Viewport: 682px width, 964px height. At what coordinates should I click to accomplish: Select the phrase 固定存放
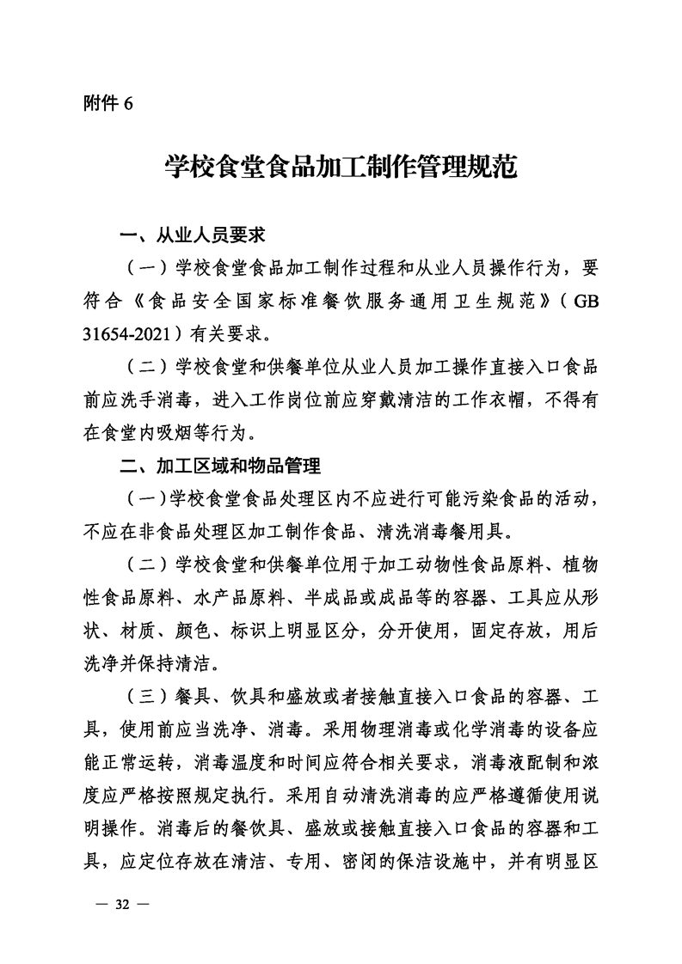click(508, 631)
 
